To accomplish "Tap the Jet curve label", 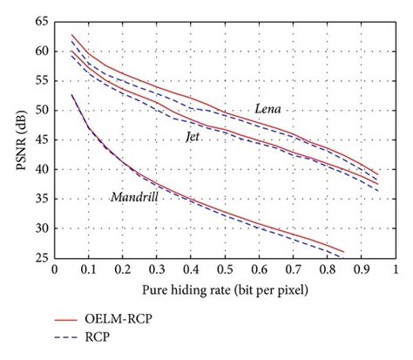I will click(192, 137).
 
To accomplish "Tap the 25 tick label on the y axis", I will click(40, 258).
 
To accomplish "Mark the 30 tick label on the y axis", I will click(40, 228).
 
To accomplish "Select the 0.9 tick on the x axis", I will click(361, 271).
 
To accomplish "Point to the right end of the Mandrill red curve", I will click(343, 252).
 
